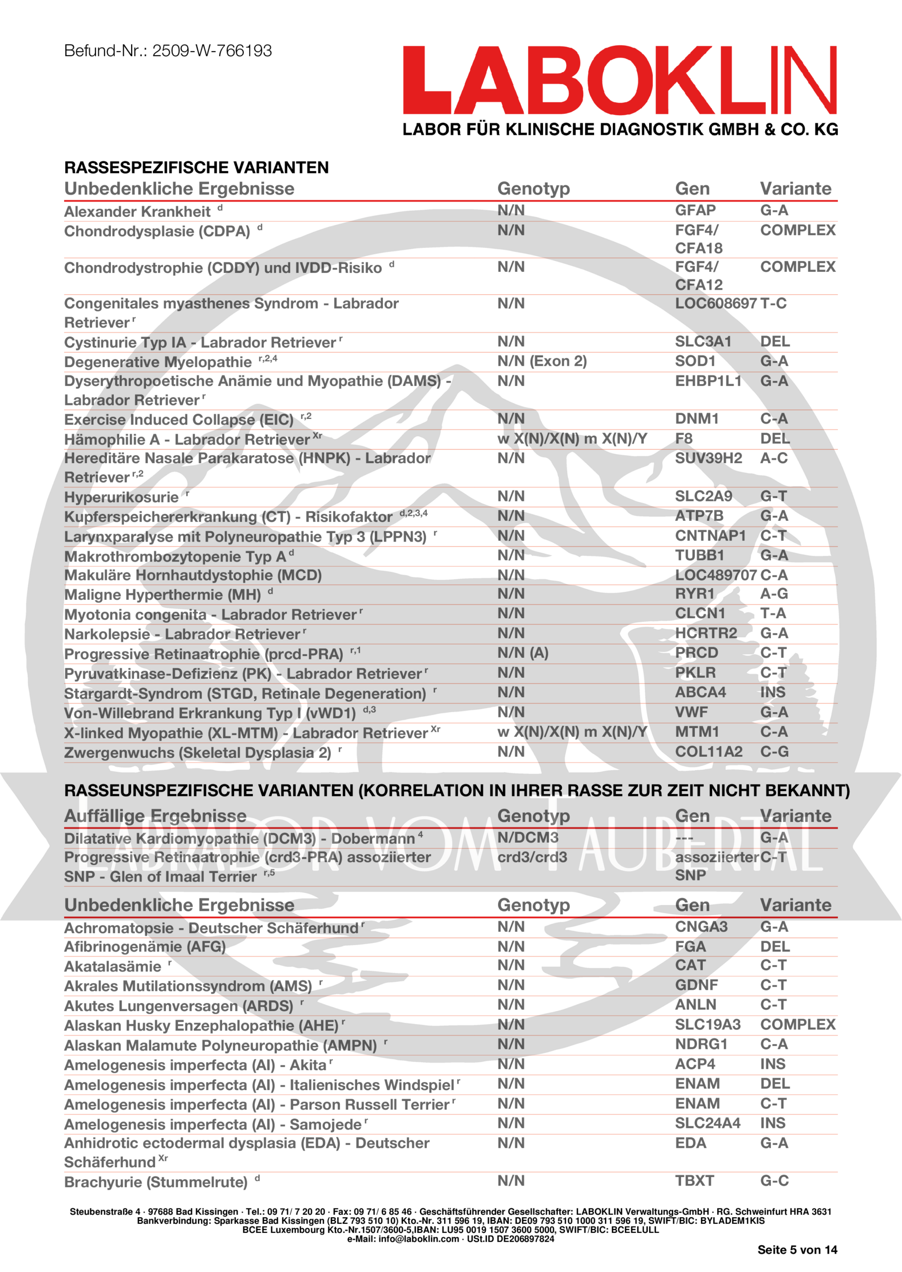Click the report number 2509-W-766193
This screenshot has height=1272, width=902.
(212, 51)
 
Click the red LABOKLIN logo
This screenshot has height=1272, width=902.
(619, 80)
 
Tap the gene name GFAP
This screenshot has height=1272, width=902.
(695, 211)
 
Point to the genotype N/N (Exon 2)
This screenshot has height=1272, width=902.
(541, 361)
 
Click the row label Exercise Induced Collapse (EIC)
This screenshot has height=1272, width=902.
(178, 419)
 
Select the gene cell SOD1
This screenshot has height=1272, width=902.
(695, 361)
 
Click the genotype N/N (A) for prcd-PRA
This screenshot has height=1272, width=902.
(522, 653)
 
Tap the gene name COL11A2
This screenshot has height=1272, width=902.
(708, 752)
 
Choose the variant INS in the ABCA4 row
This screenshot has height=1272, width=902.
(772, 692)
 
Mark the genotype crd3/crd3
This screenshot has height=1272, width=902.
(531, 857)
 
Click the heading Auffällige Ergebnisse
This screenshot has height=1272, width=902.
(155, 815)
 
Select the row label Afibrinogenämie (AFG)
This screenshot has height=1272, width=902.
(145, 947)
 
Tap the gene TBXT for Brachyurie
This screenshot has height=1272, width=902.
(694, 1181)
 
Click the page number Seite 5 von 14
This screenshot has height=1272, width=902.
(797, 1250)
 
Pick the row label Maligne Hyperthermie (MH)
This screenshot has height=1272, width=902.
(162, 594)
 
